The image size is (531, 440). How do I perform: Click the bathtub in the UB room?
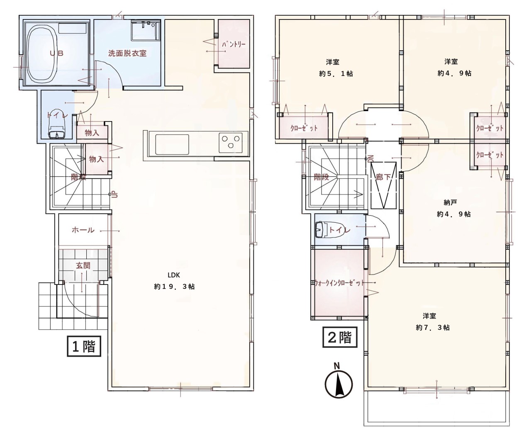click(42, 53)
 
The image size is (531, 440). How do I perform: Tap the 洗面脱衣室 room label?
click(127, 53)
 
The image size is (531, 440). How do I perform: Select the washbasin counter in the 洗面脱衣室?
click(146, 31)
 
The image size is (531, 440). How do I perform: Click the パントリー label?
click(234, 44)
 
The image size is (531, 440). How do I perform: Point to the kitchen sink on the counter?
click(172, 144)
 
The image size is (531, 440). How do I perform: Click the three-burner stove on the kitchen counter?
click(230, 142)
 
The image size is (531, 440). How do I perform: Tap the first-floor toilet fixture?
click(57, 124)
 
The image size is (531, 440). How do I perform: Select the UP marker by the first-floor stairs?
click(115, 195)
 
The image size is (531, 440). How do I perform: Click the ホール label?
click(83, 230)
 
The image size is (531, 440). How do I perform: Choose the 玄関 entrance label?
click(83, 266)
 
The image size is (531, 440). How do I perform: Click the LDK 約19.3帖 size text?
click(175, 287)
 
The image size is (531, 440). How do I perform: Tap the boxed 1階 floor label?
click(84, 346)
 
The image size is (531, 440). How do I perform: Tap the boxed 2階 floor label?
click(340, 338)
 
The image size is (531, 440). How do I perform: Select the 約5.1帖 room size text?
click(336, 74)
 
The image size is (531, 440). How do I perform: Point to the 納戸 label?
click(450, 202)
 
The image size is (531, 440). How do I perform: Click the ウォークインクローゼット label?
click(339, 283)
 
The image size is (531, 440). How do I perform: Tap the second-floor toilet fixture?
click(322, 230)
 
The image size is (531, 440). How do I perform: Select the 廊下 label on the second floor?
click(383, 177)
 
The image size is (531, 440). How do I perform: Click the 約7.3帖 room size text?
click(433, 328)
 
